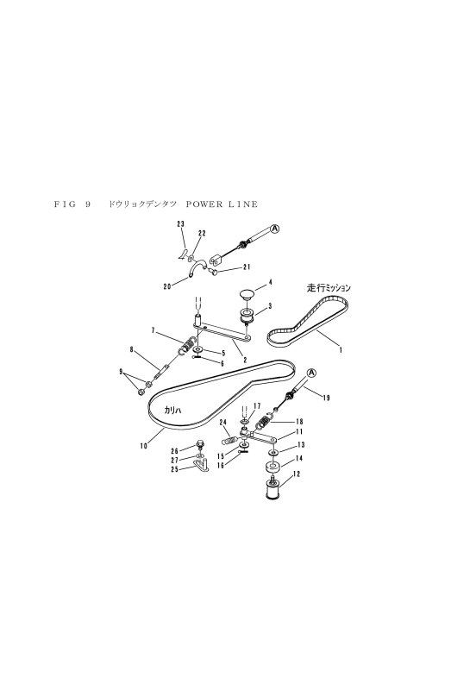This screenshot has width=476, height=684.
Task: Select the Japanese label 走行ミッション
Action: coord(329,288)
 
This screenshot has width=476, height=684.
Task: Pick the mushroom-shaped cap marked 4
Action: coord(247,295)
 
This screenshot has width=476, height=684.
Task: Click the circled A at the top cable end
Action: coord(274,229)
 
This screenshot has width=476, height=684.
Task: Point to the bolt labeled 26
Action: coord(200,447)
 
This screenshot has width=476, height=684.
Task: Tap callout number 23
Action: coord(181,223)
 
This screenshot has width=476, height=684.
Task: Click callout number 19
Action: coord(327,398)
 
